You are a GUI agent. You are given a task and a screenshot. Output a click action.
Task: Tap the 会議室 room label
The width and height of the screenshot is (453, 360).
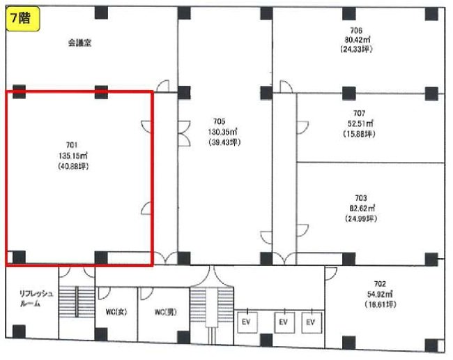tap(80, 43)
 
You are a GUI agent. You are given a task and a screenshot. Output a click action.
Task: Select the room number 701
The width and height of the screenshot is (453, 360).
tap(72, 145)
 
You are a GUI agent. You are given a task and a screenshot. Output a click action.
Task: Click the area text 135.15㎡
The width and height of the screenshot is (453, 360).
tap(73, 156)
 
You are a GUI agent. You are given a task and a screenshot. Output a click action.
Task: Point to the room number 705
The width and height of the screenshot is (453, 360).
tap(220, 121)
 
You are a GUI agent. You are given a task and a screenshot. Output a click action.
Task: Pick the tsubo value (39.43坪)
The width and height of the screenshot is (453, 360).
tap(224, 142)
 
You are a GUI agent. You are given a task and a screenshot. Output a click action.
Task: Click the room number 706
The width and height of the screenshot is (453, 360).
tap(356, 31)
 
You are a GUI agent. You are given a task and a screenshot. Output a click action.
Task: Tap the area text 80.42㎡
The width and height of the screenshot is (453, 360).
tap(358, 40)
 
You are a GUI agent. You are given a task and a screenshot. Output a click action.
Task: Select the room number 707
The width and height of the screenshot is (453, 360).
tap(359, 113)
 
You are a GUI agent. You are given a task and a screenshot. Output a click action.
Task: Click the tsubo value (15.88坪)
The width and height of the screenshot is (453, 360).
tap(359, 134)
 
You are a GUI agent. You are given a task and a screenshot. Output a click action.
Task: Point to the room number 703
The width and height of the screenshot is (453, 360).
tap(361, 197)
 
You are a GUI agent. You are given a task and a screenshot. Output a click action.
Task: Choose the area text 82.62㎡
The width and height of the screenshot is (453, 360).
tap(362, 208)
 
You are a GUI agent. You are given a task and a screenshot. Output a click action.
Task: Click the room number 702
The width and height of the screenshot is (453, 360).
tap(380, 284)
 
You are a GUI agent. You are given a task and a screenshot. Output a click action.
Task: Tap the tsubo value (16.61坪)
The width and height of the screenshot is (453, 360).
tap(381, 304)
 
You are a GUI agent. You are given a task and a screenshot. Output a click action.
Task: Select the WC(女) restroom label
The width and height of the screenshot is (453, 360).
tap(116, 312)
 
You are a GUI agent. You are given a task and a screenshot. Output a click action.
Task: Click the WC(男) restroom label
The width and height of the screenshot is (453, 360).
tap(166, 312)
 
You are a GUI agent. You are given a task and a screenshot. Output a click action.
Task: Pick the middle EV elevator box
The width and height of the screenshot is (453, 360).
tap(284, 322)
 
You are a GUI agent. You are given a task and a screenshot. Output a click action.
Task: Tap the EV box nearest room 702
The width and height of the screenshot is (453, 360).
tap(312, 322)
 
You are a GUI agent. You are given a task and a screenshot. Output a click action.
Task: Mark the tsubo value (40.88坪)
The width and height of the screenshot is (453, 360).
tap(73, 166)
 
